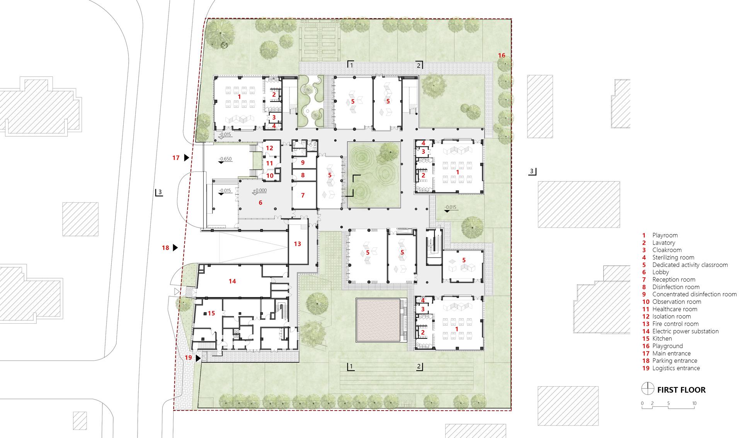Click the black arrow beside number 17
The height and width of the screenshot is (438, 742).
(186, 158)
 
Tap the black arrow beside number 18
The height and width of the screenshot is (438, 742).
(175, 248)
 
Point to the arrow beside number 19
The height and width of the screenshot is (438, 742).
(198, 358)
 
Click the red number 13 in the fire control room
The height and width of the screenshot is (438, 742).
(297, 244)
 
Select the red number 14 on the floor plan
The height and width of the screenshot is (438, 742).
(232, 281)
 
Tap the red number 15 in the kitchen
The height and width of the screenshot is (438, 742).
(211, 313)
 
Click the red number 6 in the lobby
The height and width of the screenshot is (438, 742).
(260, 202)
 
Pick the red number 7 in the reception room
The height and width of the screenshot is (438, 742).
(303, 195)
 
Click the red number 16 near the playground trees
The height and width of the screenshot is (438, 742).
(501, 56)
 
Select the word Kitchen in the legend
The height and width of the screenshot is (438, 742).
(662, 339)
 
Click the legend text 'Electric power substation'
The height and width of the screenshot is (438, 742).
(686, 331)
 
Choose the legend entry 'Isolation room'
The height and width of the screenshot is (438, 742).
(672, 316)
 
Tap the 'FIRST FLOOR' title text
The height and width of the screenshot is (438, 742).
(681, 390)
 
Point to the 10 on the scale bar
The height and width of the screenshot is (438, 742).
(694, 404)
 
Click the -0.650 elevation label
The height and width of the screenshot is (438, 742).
(225, 159)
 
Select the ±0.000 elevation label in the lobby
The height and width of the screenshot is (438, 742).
(260, 190)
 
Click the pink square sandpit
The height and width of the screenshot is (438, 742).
(378, 320)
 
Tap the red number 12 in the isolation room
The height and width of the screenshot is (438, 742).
(269, 148)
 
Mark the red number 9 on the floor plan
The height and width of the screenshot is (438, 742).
(303, 163)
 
